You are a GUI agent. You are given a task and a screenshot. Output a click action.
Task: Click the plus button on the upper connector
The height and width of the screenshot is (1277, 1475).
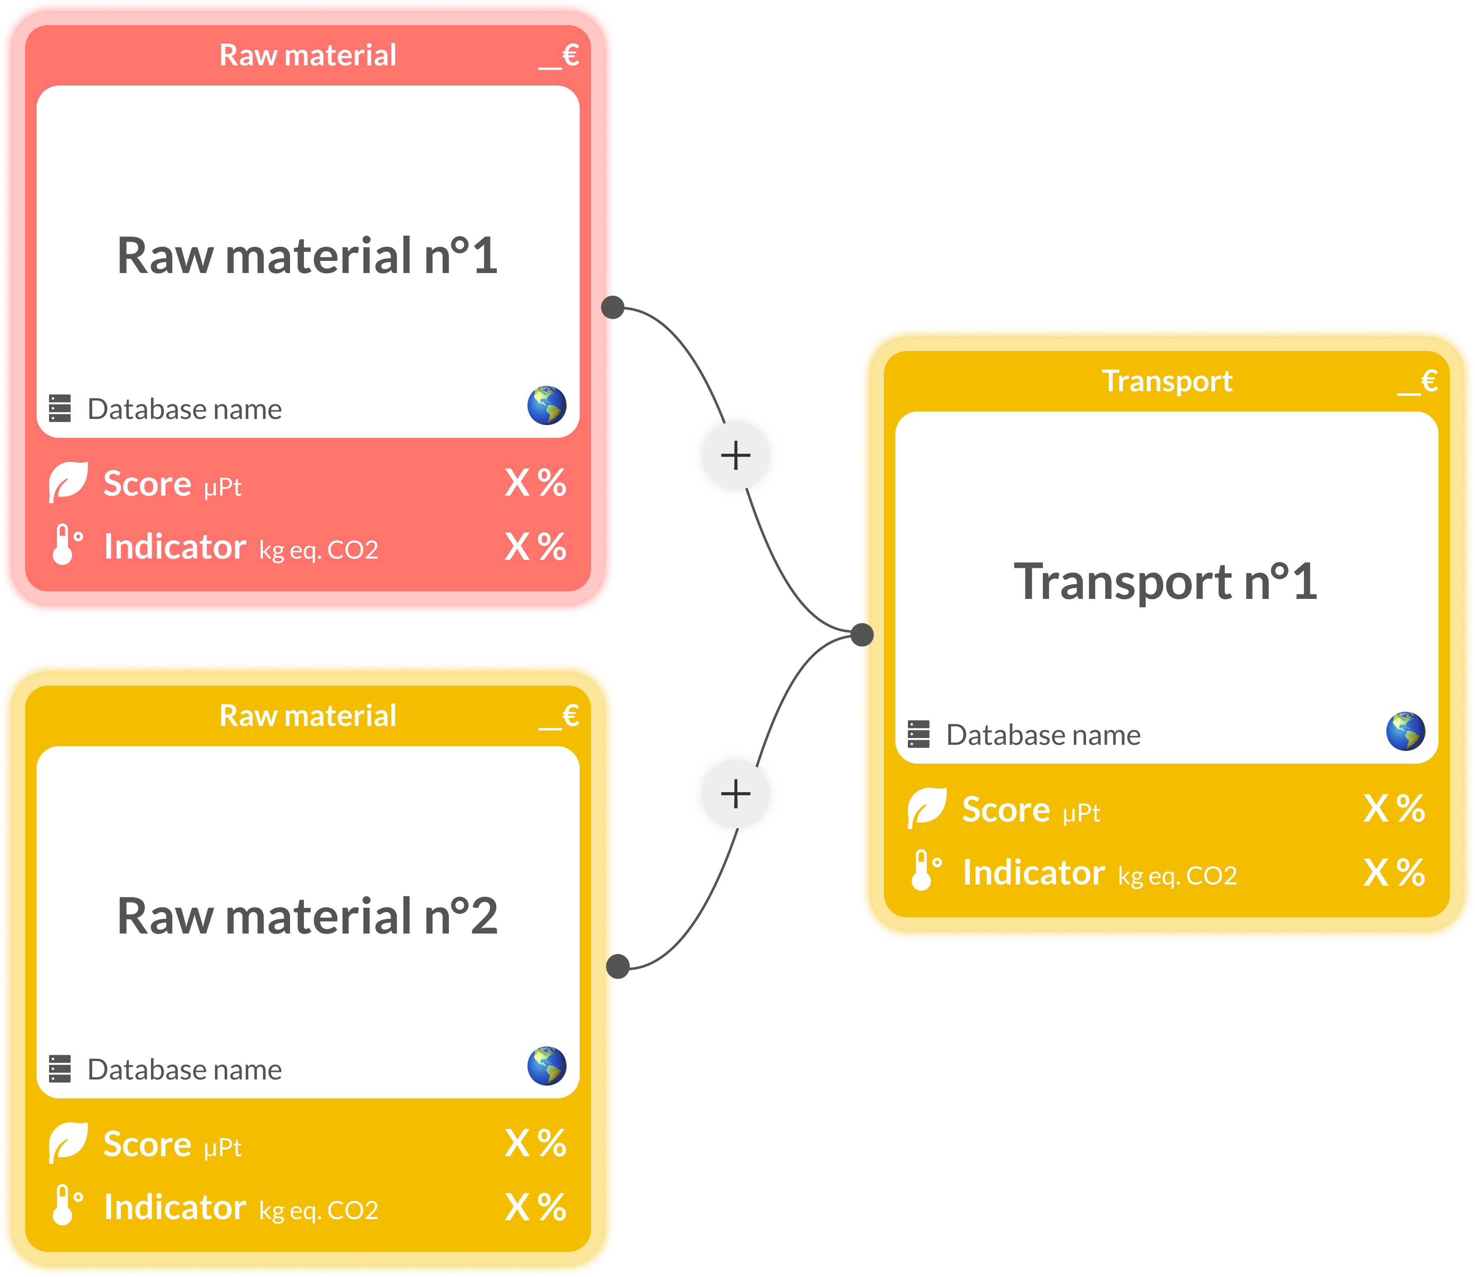pos(736,455)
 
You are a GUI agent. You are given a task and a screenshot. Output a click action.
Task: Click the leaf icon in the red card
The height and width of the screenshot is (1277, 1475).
pos(68,482)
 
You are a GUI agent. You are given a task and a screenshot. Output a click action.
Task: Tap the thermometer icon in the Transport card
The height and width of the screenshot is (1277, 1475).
pos(926,870)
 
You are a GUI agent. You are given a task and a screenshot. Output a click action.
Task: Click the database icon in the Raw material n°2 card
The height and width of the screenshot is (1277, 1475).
pos(60,1069)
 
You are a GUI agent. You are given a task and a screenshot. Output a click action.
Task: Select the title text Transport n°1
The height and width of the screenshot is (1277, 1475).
pos(1166,582)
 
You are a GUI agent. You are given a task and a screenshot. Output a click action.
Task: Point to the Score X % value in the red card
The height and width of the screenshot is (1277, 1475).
pos(536,483)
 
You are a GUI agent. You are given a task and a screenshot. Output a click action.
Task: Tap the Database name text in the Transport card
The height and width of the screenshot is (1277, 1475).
pos(1043,735)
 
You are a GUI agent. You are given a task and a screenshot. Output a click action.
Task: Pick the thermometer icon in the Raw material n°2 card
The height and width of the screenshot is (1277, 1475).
pos(67,1205)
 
